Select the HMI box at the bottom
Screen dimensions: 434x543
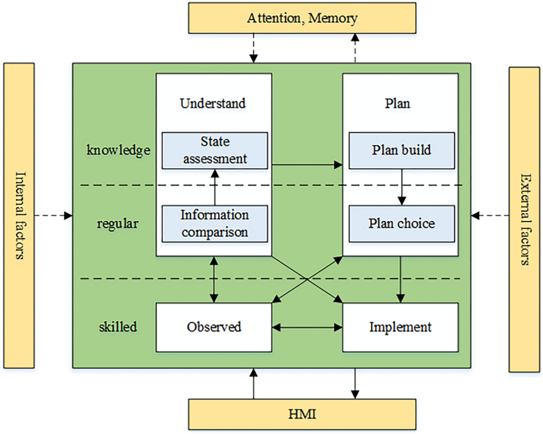(x=302, y=415)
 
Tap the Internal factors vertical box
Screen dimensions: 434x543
(x=19, y=216)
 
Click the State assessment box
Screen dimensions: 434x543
(x=215, y=150)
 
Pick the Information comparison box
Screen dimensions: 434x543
(x=215, y=224)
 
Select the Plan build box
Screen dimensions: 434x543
(x=401, y=150)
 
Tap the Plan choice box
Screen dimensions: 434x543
(x=401, y=224)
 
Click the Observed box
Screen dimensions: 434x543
(x=214, y=327)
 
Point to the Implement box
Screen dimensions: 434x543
(x=400, y=327)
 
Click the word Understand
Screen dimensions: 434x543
(x=213, y=103)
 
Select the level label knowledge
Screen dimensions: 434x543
(x=118, y=150)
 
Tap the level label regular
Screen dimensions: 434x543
(x=117, y=224)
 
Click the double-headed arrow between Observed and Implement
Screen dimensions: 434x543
(x=307, y=327)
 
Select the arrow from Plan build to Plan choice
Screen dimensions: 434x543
(x=401, y=187)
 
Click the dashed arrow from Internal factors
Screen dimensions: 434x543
(x=53, y=215)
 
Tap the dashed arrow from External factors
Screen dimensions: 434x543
(x=490, y=215)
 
